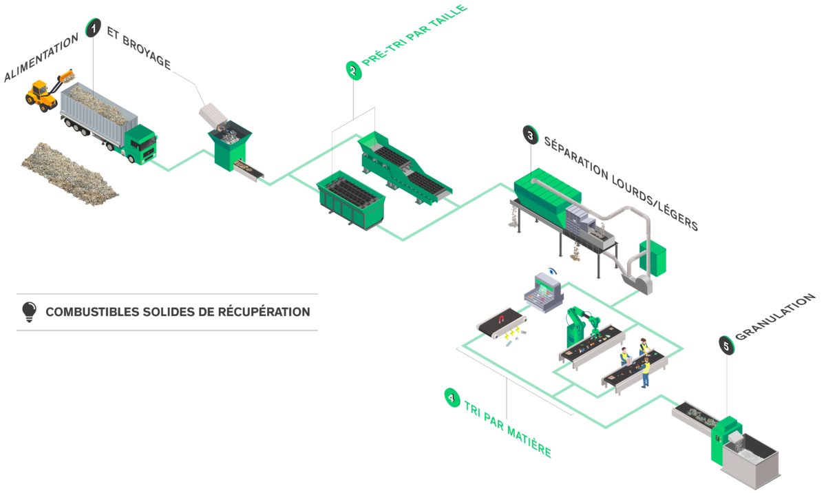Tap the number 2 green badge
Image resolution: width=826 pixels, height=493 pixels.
click(x=353, y=70)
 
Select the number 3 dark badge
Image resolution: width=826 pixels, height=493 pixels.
click(x=530, y=135)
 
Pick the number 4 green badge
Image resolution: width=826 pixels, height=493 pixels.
click(x=452, y=397)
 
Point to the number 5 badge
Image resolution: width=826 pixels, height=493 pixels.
click(x=725, y=345)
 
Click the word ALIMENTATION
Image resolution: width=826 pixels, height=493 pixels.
click(x=41, y=59)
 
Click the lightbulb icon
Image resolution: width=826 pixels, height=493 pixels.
click(x=29, y=312)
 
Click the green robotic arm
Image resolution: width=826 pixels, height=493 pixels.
click(x=578, y=324)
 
